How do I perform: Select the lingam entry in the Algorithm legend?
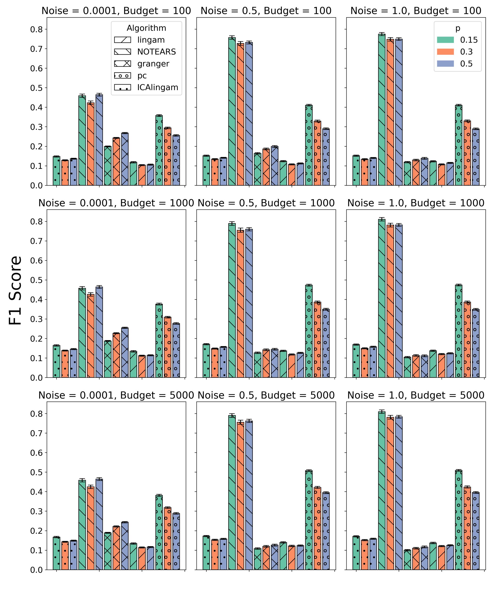click(151, 40)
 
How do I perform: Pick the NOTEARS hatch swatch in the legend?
click(123, 52)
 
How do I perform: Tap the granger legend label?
click(153, 64)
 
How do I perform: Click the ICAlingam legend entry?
click(157, 87)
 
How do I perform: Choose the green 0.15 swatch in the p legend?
click(445, 40)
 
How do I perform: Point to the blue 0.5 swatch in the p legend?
click(445, 64)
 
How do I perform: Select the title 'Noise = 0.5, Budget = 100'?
click(266, 11)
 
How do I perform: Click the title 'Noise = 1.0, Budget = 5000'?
click(416, 395)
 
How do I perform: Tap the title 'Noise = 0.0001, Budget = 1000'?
click(116, 203)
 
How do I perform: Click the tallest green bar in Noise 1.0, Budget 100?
click(381, 110)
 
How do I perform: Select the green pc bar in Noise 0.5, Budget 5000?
click(309, 520)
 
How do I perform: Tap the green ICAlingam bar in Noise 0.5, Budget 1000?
click(206, 361)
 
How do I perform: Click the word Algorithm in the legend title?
click(146, 28)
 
